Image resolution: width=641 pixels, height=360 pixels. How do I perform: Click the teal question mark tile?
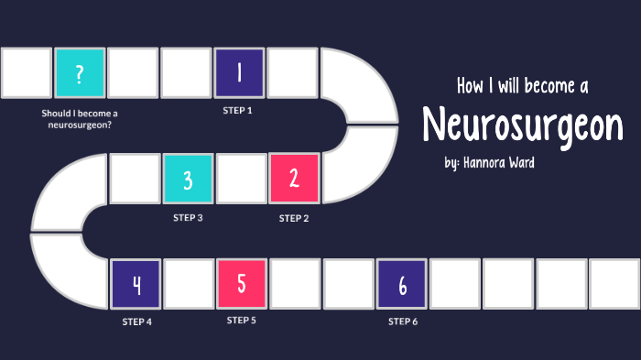(x=80, y=73)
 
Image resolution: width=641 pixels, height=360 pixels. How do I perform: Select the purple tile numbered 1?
(x=240, y=73)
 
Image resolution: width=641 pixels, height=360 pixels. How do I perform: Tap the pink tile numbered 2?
(x=294, y=179)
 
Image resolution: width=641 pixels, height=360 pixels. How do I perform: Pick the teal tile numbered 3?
(x=188, y=179)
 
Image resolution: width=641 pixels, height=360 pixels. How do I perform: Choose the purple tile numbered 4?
(x=136, y=284)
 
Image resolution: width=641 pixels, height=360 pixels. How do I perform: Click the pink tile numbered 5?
(x=242, y=284)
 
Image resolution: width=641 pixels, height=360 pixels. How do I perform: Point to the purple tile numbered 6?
(x=402, y=284)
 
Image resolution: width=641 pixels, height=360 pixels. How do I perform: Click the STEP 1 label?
(x=237, y=110)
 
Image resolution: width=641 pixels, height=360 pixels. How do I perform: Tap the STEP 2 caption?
(x=294, y=218)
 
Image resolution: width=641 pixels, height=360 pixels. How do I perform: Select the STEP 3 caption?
(x=188, y=218)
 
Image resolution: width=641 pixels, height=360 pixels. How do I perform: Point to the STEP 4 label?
(x=136, y=322)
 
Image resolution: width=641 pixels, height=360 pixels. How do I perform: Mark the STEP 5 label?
(x=242, y=321)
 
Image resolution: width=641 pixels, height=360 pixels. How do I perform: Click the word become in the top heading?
(x=543, y=87)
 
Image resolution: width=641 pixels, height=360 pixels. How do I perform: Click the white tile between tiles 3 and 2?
(x=241, y=179)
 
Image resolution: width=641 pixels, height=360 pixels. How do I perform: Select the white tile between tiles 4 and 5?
(x=189, y=284)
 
